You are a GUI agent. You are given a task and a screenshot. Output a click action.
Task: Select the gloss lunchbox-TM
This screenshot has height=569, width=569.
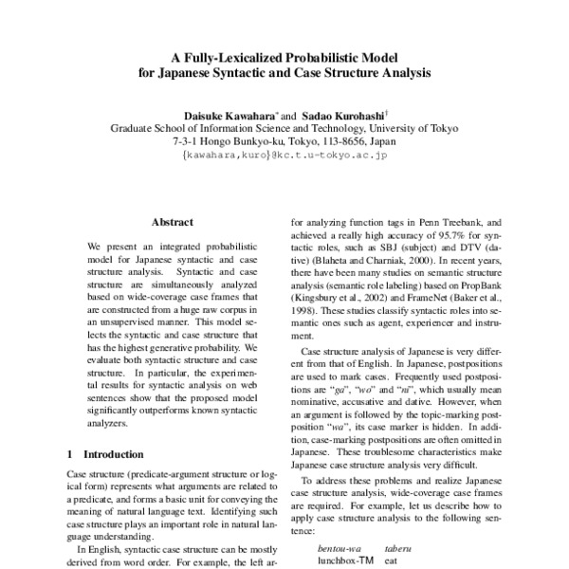click(346, 561)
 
